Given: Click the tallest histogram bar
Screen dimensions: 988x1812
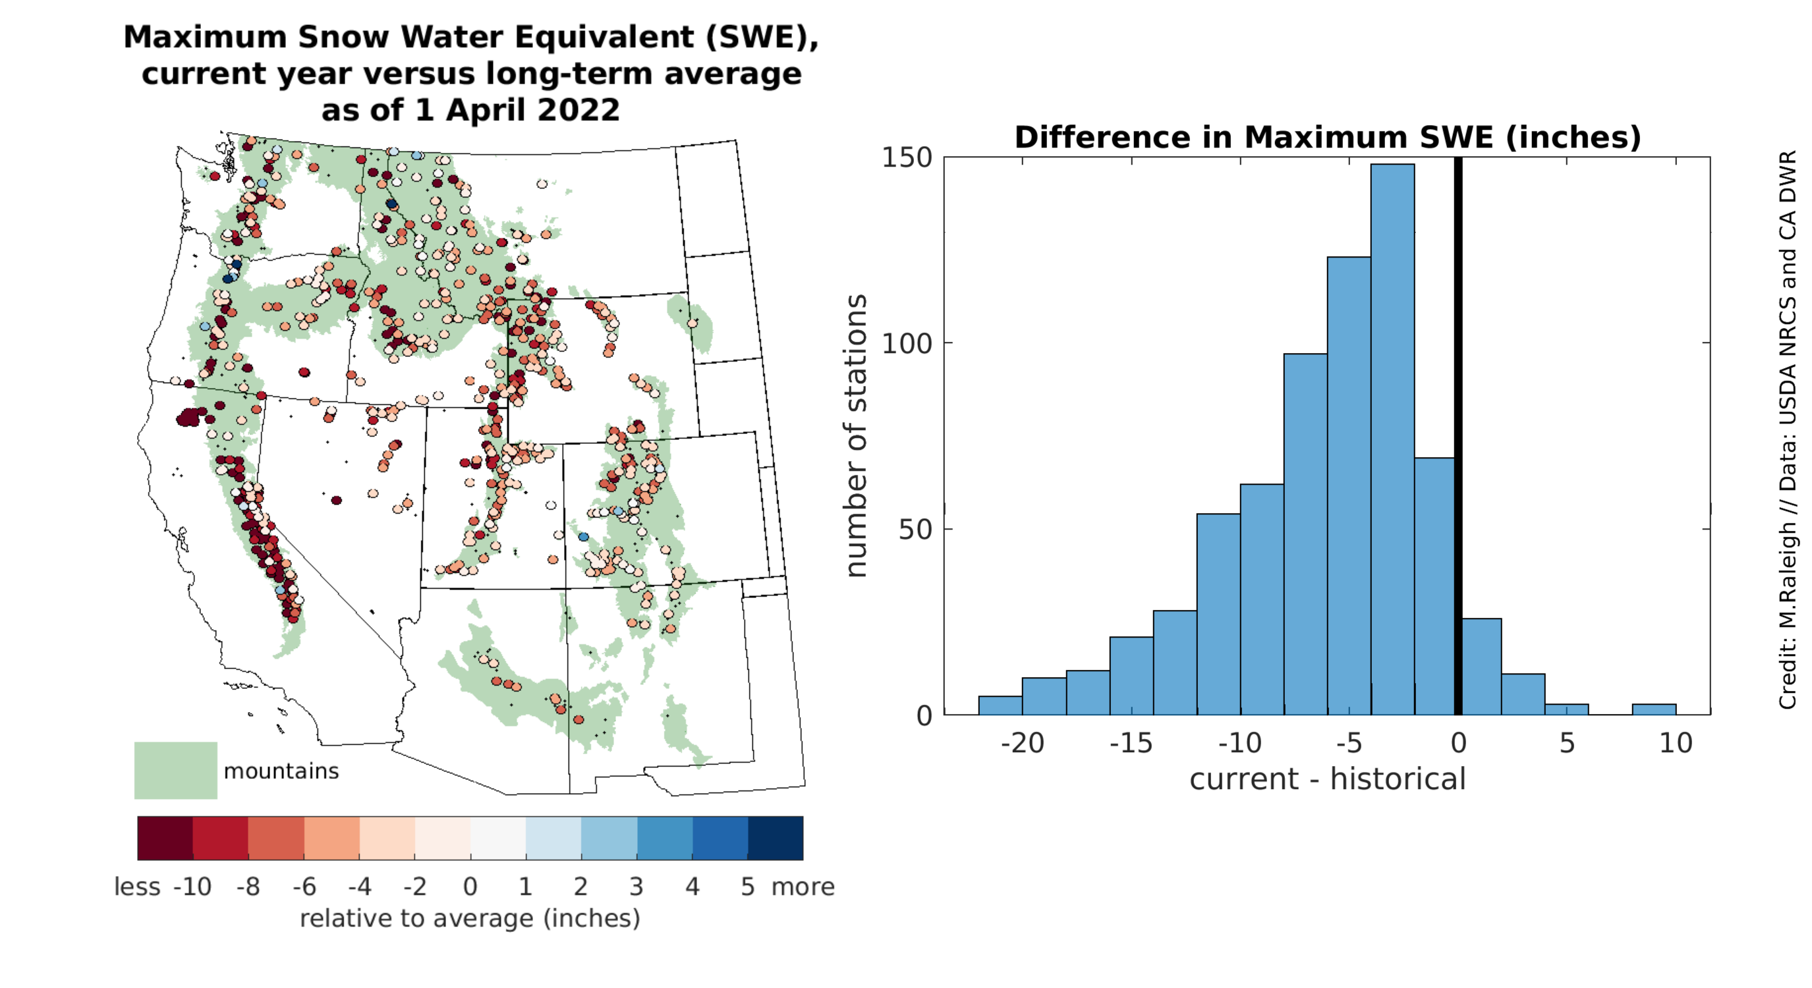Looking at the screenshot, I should point(1392,439).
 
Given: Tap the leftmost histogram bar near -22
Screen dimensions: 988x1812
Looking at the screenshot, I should point(1000,705).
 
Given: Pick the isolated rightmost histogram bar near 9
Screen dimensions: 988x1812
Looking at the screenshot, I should point(1653,709).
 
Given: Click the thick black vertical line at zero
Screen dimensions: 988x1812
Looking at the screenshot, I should point(1458,436).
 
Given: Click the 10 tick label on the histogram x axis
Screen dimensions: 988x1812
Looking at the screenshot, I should point(1675,743).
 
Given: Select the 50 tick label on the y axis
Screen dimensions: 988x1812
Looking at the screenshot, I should point(915,530).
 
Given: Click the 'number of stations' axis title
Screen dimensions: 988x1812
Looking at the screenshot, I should point(855,436).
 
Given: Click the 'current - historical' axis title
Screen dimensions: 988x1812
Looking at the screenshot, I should point(1326,779).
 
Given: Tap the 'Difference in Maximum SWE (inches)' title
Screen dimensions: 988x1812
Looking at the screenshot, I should point(1326,137).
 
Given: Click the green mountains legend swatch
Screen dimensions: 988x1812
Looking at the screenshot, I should point(175,770).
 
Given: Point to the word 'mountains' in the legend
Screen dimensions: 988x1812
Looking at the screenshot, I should point(281,771).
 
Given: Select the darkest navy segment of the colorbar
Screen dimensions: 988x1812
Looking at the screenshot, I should point(774,838).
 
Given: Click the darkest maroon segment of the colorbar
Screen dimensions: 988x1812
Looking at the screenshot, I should point(165,838).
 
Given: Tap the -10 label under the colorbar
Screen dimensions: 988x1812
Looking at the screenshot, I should point(191,887).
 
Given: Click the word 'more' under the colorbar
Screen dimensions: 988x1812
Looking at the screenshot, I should point(803,887).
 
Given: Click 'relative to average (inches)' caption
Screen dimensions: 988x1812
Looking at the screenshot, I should point(470,918).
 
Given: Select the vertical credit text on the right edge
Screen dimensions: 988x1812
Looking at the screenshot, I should point(1788,429).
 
